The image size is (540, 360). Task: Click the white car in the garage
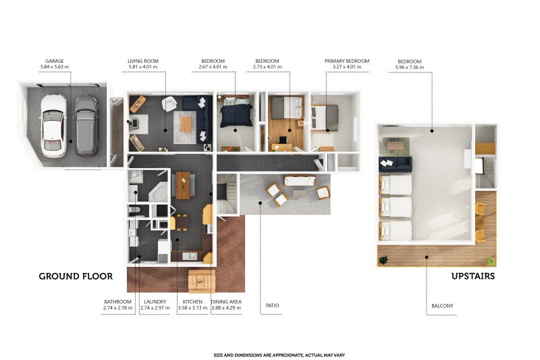click(53, 126)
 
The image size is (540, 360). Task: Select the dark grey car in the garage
click(86, 126)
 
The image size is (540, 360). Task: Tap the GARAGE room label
click(55, 61)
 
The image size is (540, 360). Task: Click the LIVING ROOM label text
click(143, 61)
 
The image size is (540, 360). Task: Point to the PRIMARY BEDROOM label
click(347, 61)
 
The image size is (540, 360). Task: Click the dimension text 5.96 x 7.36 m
click(410, 67)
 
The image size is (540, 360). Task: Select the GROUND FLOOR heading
click(76, 276)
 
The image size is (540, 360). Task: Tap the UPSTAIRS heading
click(473, 276)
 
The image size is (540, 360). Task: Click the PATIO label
click(273, 305)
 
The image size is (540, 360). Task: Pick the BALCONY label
click(442, 306)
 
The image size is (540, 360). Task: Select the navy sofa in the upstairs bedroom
click(396, 164)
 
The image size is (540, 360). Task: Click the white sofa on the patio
click(300, 181)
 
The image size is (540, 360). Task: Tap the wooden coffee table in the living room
click(186, 124)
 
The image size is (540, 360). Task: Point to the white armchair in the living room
click(169, 104)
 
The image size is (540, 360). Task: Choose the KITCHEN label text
click(192, 302)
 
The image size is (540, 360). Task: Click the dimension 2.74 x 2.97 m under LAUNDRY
click(155, 308)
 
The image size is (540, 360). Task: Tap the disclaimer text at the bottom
click(279, 355)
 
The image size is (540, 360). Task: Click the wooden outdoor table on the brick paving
click(202, 282)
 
